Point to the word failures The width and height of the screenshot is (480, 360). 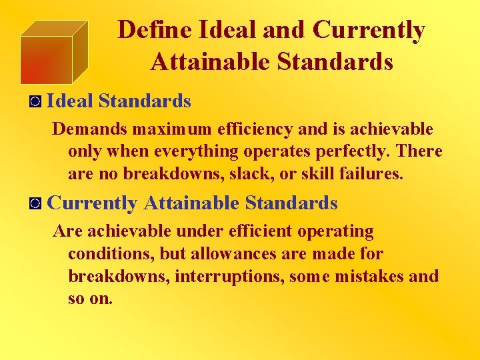pos(371,174)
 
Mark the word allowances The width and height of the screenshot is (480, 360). pos(233,254)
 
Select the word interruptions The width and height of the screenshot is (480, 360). pos(230,276)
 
